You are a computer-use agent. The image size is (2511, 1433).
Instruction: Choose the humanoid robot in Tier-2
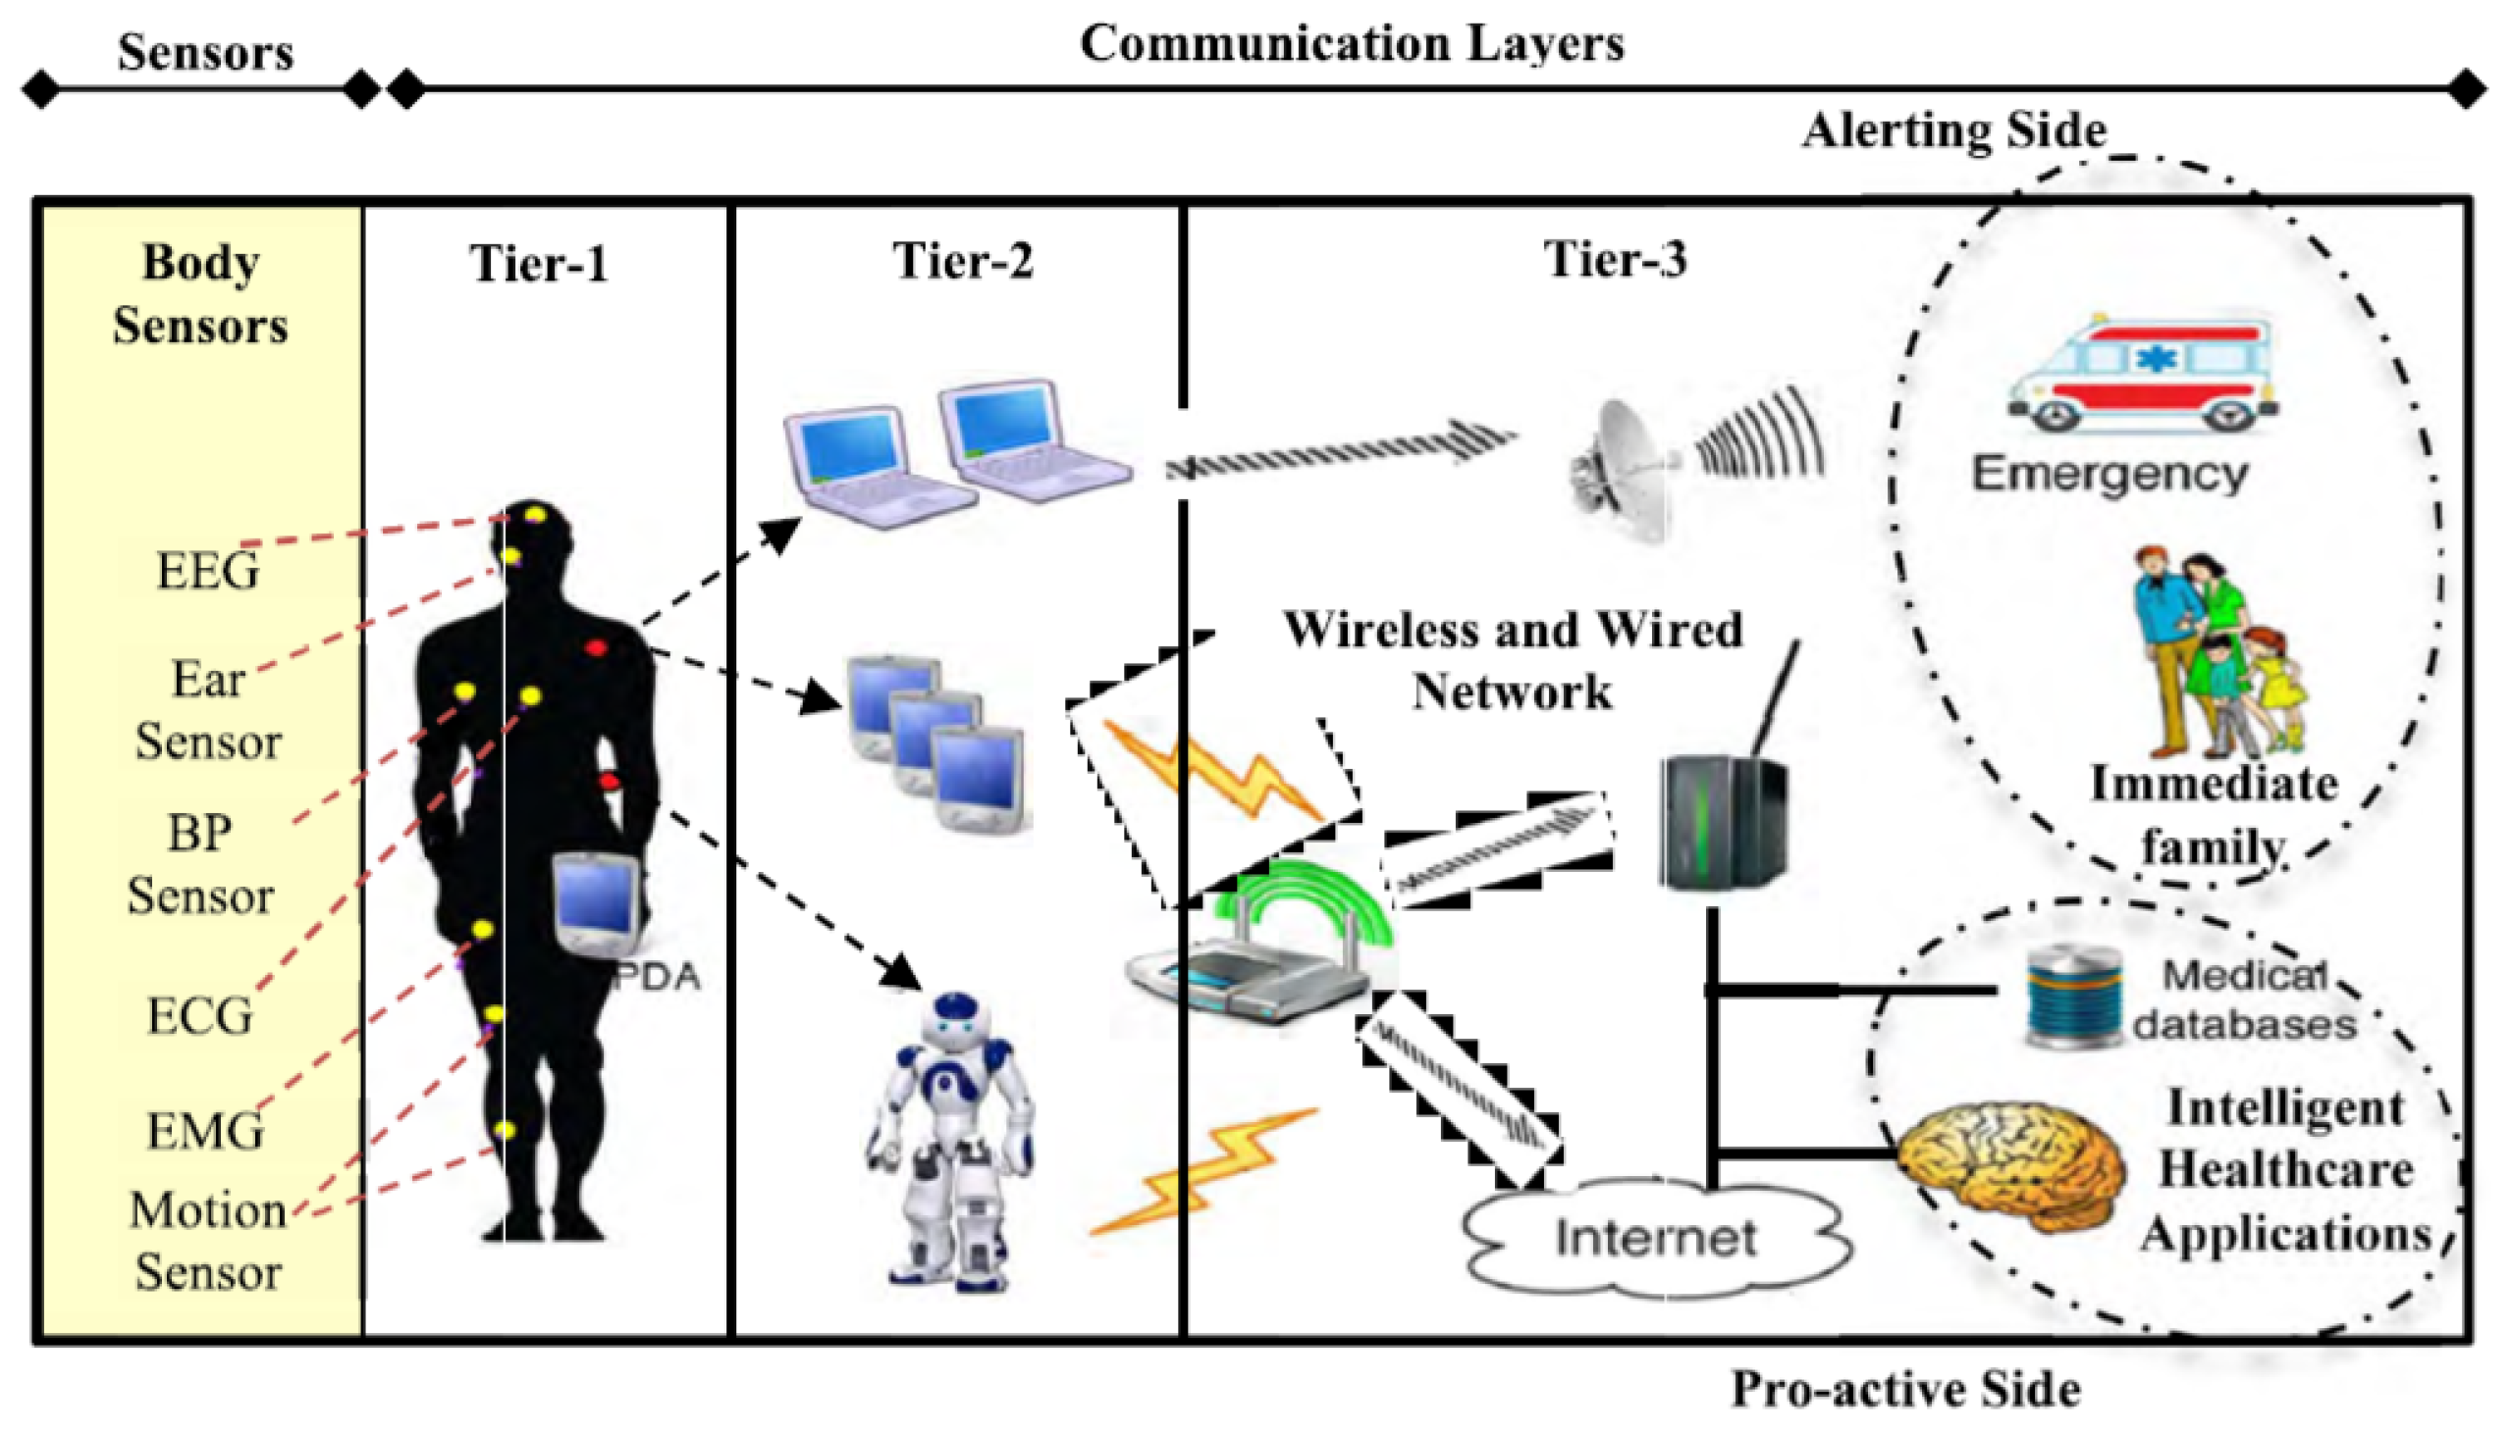[950, 1142]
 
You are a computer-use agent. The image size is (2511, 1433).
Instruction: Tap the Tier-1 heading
[539, 264]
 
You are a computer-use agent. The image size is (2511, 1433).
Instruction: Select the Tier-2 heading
[962, 262]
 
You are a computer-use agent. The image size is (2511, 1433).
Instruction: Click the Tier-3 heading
[1615, 260]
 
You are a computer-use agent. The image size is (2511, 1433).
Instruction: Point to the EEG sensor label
[208, 571]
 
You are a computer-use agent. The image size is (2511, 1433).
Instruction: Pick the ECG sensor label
[200, 1016]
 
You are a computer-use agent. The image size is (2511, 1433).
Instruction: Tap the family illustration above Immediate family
[2216, 654]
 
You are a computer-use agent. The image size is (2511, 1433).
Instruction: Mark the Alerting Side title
[1953, 130]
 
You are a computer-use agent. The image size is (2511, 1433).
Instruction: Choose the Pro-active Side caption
[1905, 1389]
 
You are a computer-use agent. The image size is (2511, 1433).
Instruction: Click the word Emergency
[2110, 475]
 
